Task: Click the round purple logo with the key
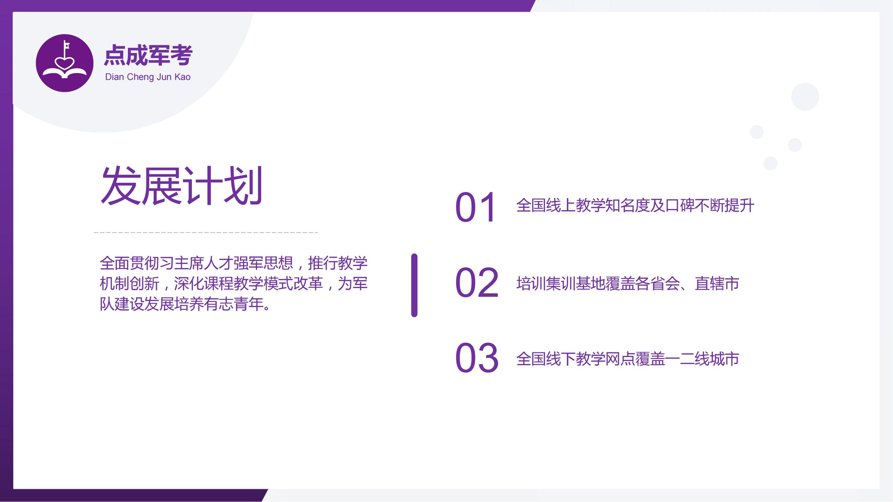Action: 65,63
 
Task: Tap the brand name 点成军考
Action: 148,55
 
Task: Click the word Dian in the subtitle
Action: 115,77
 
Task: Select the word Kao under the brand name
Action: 182,77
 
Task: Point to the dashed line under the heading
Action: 206,232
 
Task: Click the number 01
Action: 475,207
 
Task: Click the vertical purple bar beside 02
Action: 414,285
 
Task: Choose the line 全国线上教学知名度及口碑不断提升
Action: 635,205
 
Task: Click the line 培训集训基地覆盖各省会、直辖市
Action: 627,283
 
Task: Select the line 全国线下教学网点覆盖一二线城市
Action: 627,358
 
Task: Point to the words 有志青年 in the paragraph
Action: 234,304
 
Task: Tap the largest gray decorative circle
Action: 805,97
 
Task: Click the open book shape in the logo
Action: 65,72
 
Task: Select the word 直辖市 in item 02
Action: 717,283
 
